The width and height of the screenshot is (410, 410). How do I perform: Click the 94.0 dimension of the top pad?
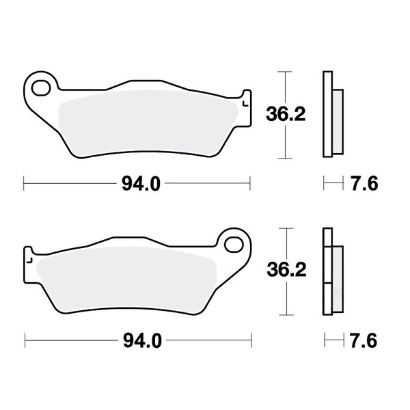coord(141,184)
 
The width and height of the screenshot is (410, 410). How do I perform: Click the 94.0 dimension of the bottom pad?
coord(142,340)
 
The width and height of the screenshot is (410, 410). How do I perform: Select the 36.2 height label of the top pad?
coord(286,114)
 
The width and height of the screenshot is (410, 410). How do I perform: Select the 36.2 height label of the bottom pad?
coord(286,270)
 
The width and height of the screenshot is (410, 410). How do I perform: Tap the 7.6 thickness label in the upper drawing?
coord(364,184)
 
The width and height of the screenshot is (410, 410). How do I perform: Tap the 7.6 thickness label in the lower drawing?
coord(364,340)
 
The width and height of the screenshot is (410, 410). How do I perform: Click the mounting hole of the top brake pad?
coord(41,87)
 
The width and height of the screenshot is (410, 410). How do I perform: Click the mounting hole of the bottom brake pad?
coord(234,245)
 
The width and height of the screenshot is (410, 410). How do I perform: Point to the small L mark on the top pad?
coord(245,104)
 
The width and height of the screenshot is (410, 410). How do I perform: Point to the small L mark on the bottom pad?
coord(29,260)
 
